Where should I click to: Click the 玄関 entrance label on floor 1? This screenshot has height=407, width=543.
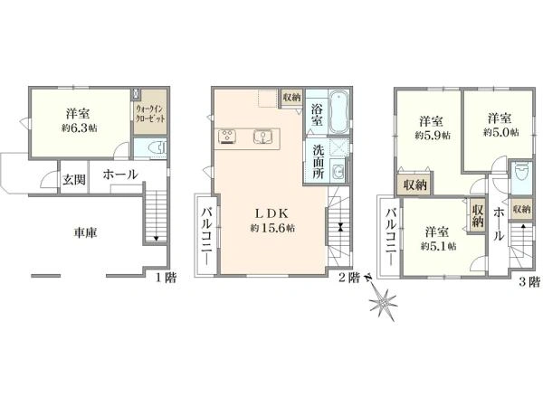(x=74, y=179)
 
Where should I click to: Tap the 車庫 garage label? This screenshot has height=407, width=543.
(x=85, y=232)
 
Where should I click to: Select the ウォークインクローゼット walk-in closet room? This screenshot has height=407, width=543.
(x=150, y=112)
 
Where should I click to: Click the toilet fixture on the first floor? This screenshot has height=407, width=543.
(x=157, y=149)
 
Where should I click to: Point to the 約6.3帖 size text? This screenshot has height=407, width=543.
(x=80, y=128)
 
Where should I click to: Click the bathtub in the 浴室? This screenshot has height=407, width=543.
(x=338, y=112)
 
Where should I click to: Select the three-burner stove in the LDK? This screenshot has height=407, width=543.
(x=227, y=136)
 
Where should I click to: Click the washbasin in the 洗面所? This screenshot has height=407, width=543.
(x=337, y=171)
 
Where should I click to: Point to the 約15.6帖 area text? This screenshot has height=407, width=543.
(x=273, y=228)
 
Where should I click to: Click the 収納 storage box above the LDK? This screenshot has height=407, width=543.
(x=292, y=98)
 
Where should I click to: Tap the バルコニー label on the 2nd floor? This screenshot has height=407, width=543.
(x=207, y=236)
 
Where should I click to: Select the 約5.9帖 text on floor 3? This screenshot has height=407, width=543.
(x=433, y=136)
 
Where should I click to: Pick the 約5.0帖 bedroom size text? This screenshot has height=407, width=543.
(x=501, y=132)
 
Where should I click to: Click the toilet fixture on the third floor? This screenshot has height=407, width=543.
(x=521, y=172)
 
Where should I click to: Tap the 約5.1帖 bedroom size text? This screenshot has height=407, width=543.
(x=438, y=246)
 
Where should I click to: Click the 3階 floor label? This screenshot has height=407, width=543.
(x=529, y=282)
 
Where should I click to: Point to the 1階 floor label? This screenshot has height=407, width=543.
(x=166, y=278)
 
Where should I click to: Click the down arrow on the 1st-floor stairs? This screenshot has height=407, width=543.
(x=157, y=238)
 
